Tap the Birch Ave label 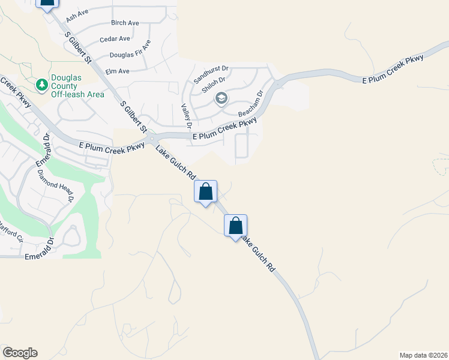pos(125,23)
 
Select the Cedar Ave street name pos(116,39)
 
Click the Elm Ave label pos(117,71)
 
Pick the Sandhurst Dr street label pos(211,72)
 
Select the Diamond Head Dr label pos(56,185)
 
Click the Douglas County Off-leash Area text pos(77,86)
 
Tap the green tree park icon pos(42,86)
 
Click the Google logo pos(20,353)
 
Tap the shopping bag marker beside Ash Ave pos(47,2)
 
